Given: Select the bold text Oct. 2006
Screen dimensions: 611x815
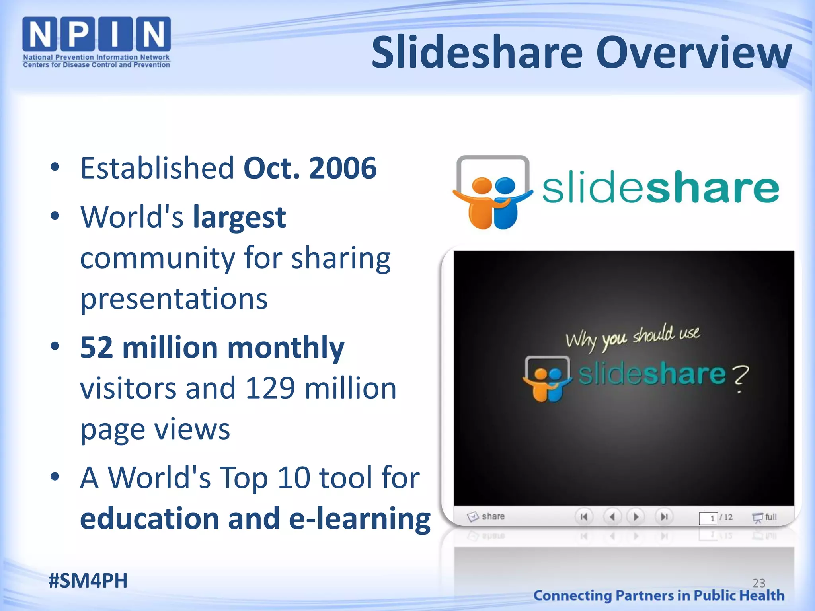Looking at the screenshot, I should [310, 168].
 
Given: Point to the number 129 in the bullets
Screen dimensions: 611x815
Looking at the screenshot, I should [270, 388].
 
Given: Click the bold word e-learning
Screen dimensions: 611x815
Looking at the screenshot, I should [360, 518].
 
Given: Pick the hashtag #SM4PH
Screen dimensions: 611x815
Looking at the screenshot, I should [88, 580].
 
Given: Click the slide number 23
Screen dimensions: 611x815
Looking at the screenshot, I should [758, 583].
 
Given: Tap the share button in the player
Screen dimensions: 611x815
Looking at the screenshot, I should [486, 516].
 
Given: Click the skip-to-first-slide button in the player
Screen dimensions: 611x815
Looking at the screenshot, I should [584, 517].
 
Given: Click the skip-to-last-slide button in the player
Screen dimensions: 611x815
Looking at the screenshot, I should [664, 517].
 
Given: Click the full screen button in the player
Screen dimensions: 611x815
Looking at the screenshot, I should [764, 517].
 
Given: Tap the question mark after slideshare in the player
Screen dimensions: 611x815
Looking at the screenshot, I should [739, 378].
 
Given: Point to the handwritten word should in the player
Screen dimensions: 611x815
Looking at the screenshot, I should [653, 335].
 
